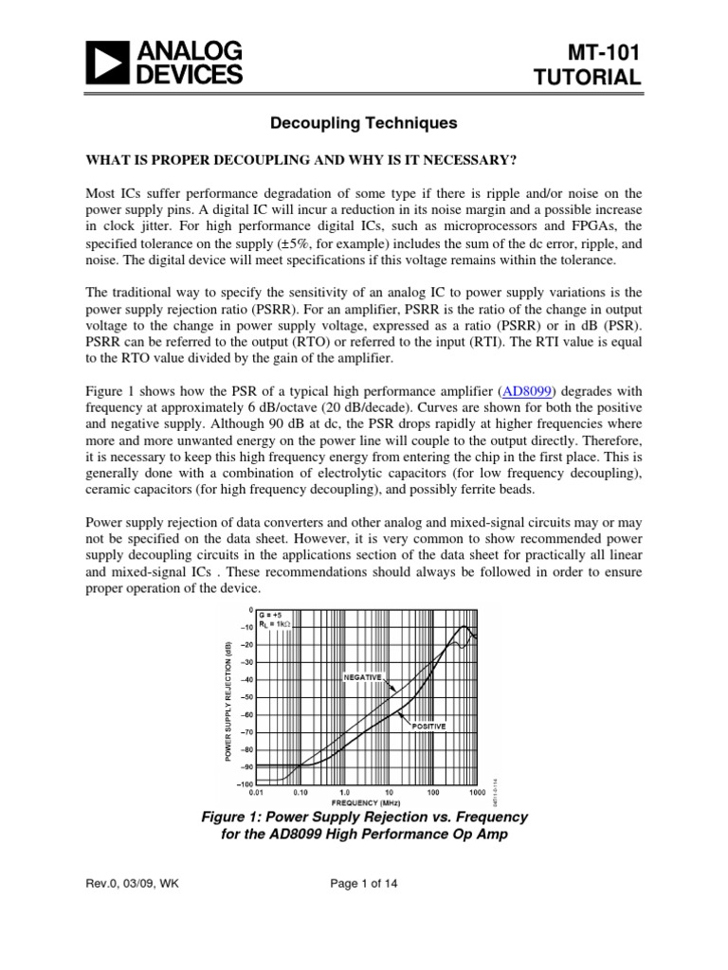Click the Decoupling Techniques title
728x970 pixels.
pyautogui.click(x=363, y=123)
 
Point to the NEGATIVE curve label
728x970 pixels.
pyautogui.click(x=362, y=677)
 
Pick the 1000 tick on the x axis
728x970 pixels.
pyautogui.click(x=477, y=792)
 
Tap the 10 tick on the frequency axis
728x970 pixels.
pyautogui.click(x=389, y=792)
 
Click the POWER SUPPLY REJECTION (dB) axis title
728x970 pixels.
pyautogui.click(x=228, y=701)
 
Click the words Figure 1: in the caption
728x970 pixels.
pyautogui.click(x=239, y=817)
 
